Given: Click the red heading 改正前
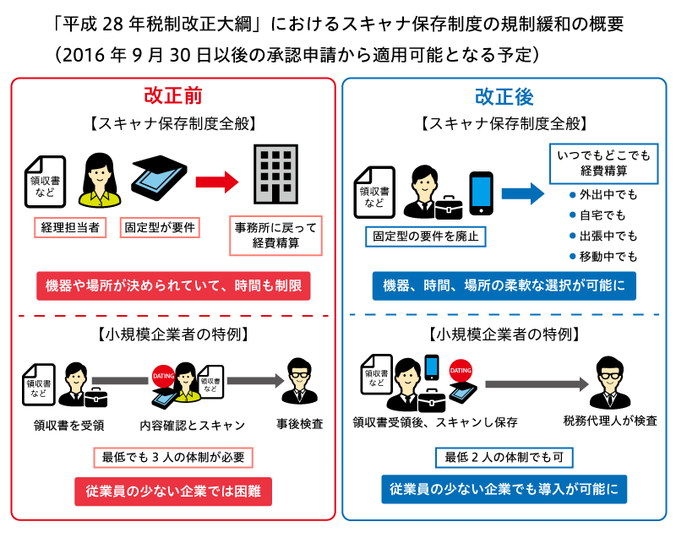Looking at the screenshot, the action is coord(173,95).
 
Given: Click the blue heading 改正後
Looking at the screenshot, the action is coord(504,96).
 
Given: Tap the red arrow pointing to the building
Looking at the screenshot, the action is coord(217,182).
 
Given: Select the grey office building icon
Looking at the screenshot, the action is coord(276,174).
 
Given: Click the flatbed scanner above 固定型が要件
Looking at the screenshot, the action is coord(159,177).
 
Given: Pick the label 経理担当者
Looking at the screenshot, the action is coord(70,227).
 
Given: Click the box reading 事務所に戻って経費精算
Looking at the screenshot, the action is coord(276,235).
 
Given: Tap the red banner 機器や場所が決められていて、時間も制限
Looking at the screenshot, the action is coord(173,285).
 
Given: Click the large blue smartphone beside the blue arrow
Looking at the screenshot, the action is coord(481,193).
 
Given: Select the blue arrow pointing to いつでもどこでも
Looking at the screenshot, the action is coord(523,193).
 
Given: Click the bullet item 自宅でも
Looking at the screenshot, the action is coord(597,215).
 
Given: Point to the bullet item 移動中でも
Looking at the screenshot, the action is coord(603,257).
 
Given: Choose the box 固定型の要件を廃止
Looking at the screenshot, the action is coord(426,236).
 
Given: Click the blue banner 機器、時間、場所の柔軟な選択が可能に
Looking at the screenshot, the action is coord(504,285).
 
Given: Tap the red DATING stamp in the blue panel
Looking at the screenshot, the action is coord(461,371).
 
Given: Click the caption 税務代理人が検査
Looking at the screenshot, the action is coord(610,421).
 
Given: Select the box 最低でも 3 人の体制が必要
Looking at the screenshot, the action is coord(173,458).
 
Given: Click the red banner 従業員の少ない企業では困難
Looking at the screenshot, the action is coord(173,492).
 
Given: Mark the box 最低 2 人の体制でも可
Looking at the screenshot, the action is coord(504,458).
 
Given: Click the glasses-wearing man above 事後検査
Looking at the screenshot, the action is coord(300,381).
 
